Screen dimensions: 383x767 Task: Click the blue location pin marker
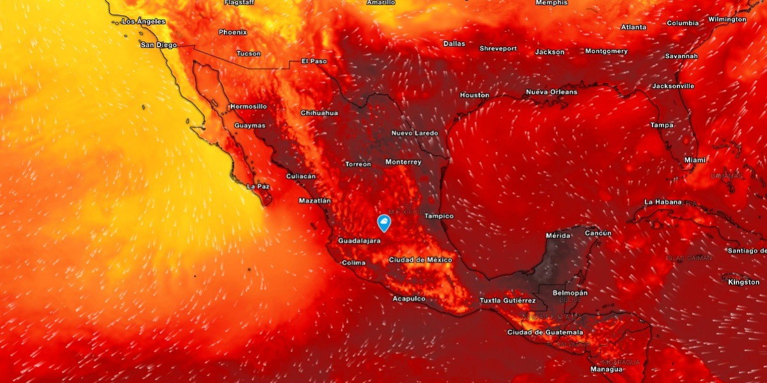[384, 223]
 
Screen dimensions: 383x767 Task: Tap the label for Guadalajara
[359, 241]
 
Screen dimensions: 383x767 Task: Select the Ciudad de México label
[420, 260]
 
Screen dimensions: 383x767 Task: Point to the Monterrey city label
[403, 162]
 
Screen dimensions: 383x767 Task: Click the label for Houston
[474, 95]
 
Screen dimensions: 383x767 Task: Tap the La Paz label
[258, 186]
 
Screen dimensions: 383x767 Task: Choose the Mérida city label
[558, 236]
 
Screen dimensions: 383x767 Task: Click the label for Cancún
[598, 233]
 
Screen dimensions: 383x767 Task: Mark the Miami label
[695, 160]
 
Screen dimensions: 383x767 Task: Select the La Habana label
[663, 202]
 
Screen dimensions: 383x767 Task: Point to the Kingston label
[744, 282]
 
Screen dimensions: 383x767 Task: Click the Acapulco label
[409, 299]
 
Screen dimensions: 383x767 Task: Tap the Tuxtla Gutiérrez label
[507, 300]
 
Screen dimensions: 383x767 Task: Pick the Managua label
[607, 369]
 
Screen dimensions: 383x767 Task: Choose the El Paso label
[314, 61]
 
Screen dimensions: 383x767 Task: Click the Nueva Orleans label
[552, 92]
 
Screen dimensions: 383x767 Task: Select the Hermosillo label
[249, 106]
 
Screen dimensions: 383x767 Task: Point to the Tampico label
[439, 216]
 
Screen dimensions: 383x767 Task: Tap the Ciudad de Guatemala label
[545, 332]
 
